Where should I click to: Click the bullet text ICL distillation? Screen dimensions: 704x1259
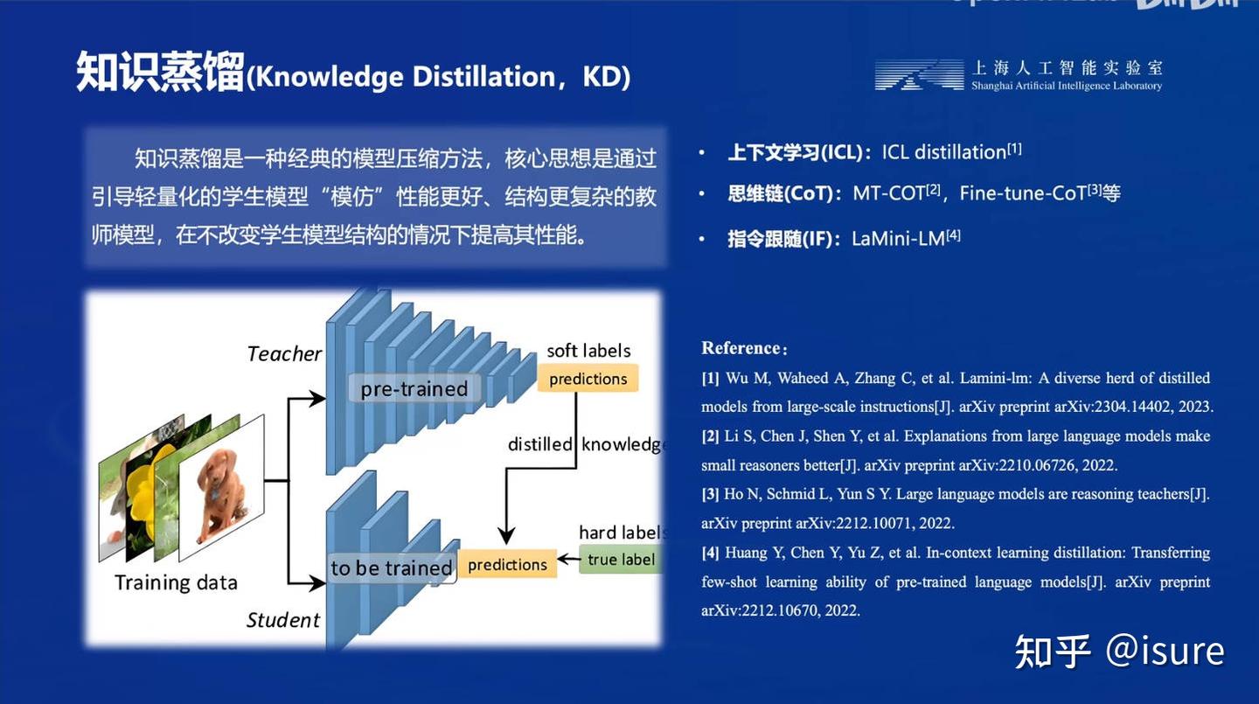coord(943,152)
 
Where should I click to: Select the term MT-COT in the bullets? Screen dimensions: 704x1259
coord(888,193)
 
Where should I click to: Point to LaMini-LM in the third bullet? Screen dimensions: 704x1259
coord(898,238)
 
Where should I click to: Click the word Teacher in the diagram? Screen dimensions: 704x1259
coord(284,354)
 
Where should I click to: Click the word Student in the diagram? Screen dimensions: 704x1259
coord(283,620)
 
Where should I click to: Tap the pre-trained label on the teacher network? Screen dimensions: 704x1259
coord(414,389)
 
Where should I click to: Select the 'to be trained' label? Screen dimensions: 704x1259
coord(391,568)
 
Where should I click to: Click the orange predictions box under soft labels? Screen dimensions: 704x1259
coord(588,379)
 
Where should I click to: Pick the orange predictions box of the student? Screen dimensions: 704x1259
coord(507,565)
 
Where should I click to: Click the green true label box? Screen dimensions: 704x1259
coord(620,560)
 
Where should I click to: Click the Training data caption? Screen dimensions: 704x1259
coord(176,582)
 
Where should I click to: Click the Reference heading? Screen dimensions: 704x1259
coord(743,348)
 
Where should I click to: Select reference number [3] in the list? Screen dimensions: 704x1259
coord(710,494)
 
